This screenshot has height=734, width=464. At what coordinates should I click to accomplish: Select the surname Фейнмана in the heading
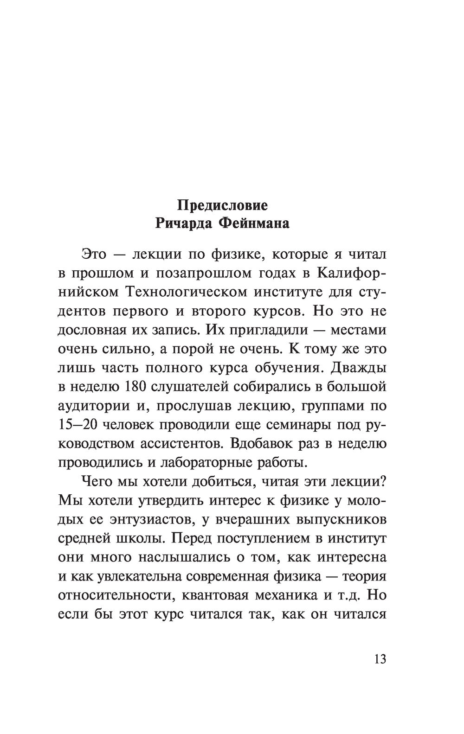click(x=253, y=224)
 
